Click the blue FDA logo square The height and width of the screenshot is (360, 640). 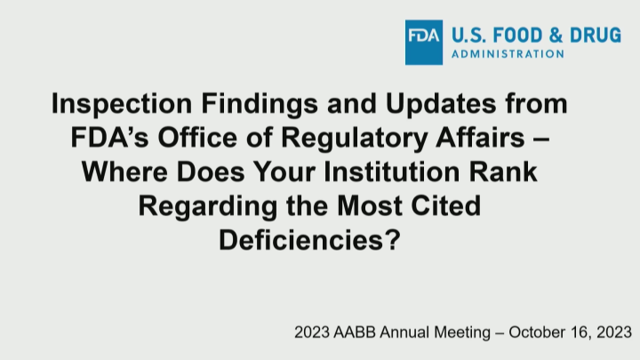coord(426,42)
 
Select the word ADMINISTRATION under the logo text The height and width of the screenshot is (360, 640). coord(508,54)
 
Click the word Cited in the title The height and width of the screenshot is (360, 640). coord(444,204)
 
